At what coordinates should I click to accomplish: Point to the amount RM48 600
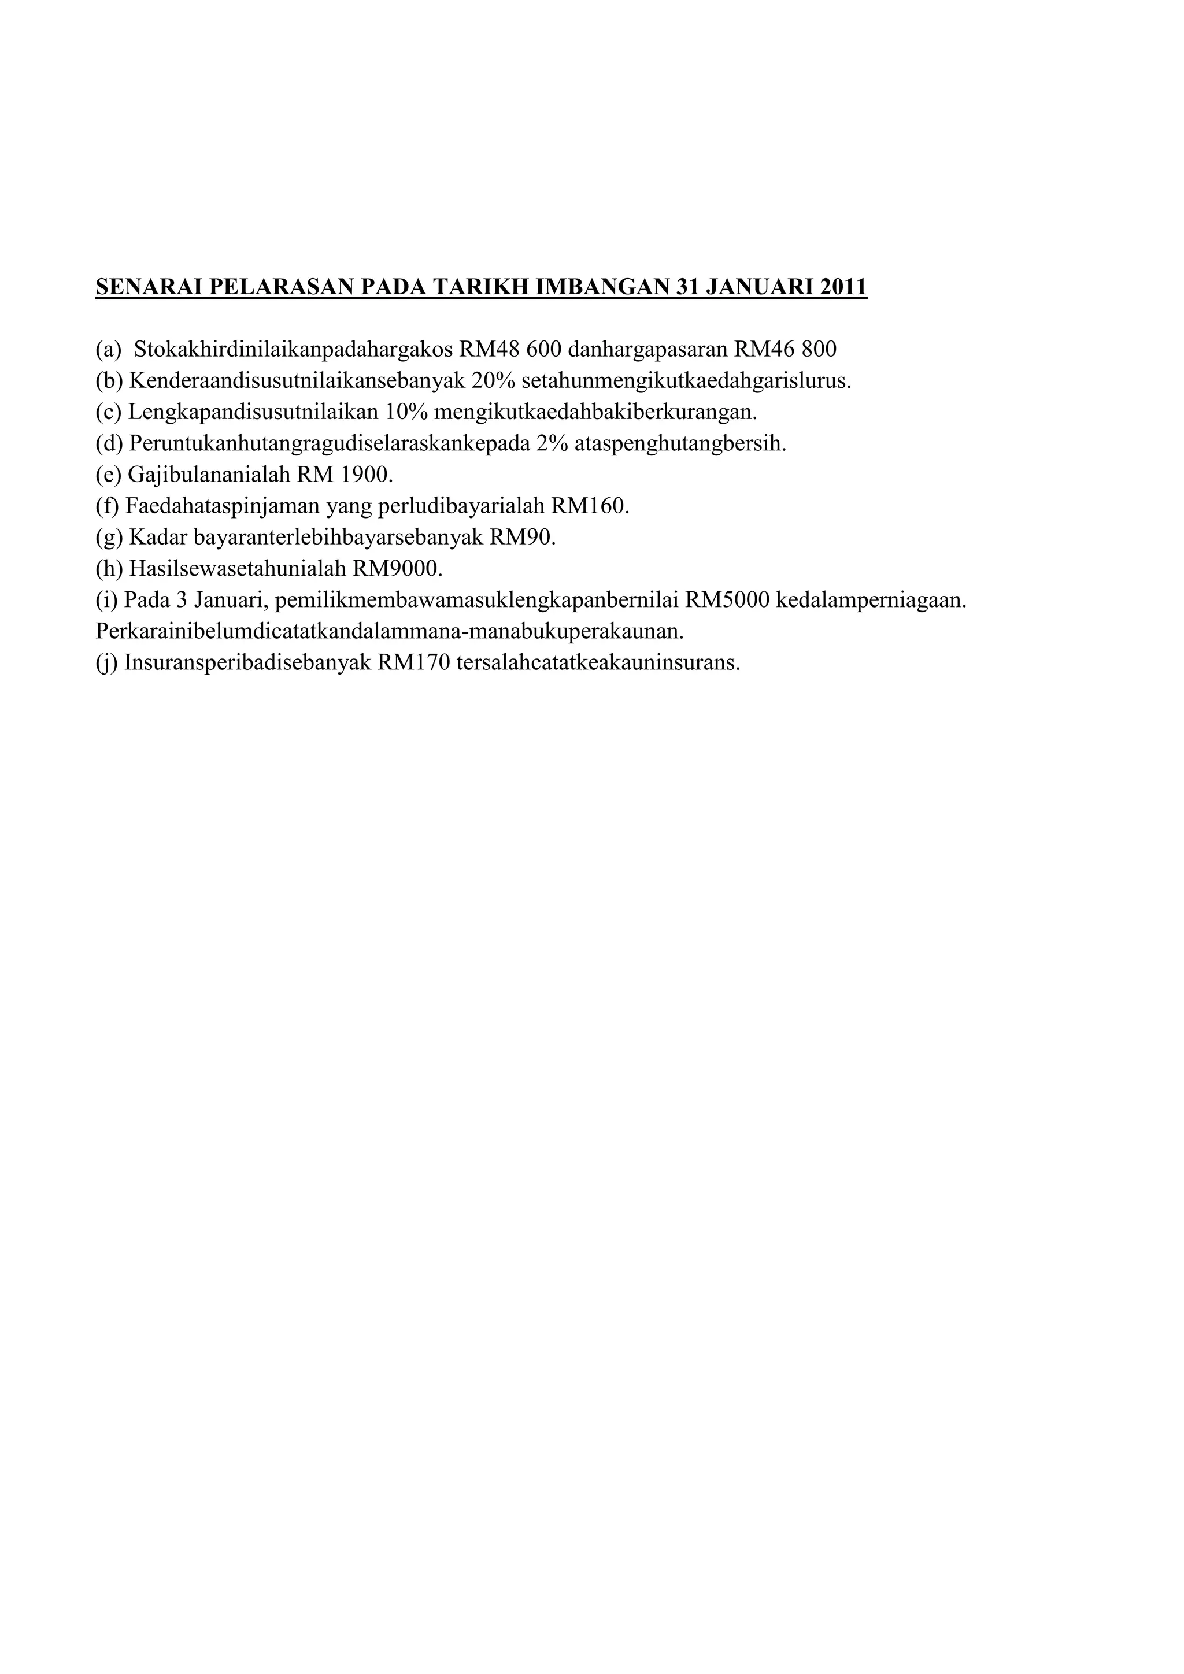point(510,350)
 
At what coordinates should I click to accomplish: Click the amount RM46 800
point(785,350)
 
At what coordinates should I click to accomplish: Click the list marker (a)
point(109,350)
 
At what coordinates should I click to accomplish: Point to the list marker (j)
point(107,664)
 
